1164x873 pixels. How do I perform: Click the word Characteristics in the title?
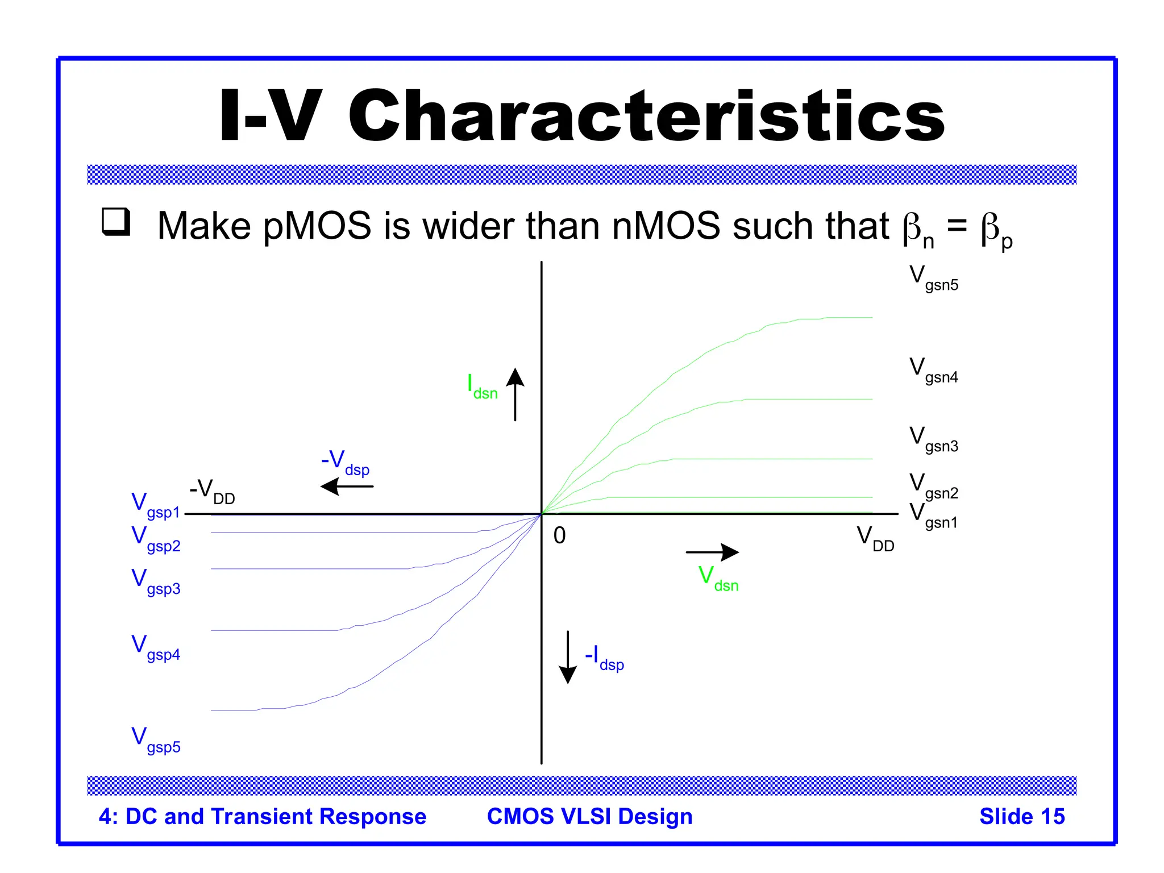[646, 116]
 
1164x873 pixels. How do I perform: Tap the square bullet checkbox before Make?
[116, 222]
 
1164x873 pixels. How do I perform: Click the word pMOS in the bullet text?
[317, 226]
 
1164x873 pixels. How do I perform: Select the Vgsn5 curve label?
[933, 278]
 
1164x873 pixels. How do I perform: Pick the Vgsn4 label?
[933, 371]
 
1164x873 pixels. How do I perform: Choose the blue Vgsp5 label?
[156, 740]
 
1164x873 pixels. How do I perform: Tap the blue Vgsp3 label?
[156, 582]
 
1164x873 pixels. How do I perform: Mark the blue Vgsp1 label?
[156, 506]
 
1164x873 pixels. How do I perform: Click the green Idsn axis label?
[482, 386]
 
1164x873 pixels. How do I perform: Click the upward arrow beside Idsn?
[515, 394]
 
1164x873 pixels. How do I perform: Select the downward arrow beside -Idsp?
[568, 657]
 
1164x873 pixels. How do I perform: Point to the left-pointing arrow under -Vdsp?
[347, 487]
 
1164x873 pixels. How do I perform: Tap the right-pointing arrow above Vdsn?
[712, 552]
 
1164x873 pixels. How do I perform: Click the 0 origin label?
[560, 535]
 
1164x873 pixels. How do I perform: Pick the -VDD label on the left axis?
[212, 491]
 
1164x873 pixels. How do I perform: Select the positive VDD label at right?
[875, 539]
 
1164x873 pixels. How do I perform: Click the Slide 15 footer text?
[1021, 816]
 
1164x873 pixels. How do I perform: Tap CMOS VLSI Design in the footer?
[589, 816]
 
